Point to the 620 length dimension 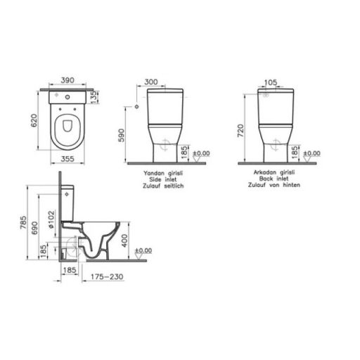tap(32, 120)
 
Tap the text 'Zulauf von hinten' tap(268, 186)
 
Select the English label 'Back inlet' tap(268, 180)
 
